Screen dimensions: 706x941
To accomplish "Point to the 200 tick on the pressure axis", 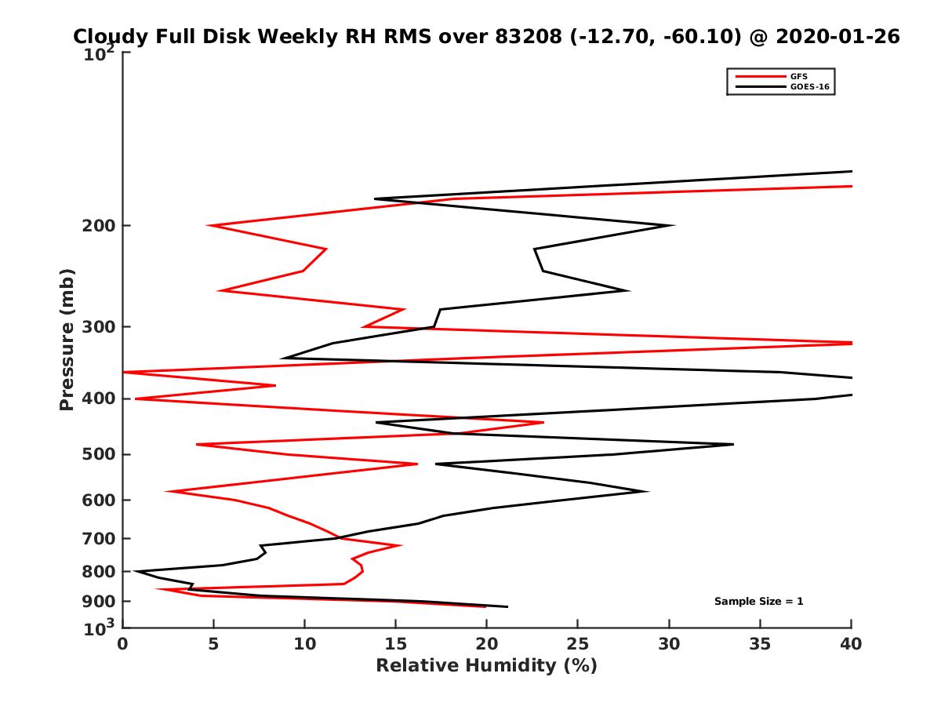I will click(x=100, y=226).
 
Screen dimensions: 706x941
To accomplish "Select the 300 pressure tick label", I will click(x=100, y=326).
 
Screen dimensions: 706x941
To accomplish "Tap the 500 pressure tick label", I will click(x=100, y=454).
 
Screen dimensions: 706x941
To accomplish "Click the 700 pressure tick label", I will click(x=100, y=538).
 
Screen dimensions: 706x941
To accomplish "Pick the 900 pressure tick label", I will click(x=100, y=602).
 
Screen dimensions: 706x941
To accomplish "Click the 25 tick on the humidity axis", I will click(x=578, y=644).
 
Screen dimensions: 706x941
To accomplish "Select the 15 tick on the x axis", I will click(x=395, y=644).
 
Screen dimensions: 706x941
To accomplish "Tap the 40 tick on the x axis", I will click(x=851, y=644).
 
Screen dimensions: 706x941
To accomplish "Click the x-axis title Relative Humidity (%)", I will click(x=486, y=666).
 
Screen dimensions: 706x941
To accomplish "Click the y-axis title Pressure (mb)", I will click(x=67, y=339).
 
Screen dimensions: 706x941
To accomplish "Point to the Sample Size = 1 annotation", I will click(x=758, y=602).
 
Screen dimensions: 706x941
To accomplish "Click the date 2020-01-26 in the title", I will click(x=837, y=36).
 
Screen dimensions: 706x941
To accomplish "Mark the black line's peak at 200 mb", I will click(x=674, y=226).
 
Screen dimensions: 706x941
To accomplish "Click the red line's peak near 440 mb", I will click(x=543, y=423).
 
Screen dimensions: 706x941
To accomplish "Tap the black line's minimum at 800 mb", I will click(x=135, y=571).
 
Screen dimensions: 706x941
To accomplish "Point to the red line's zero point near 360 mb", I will click(x=124, y=372).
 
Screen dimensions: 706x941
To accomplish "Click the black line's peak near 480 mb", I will click(x=733, y=445).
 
